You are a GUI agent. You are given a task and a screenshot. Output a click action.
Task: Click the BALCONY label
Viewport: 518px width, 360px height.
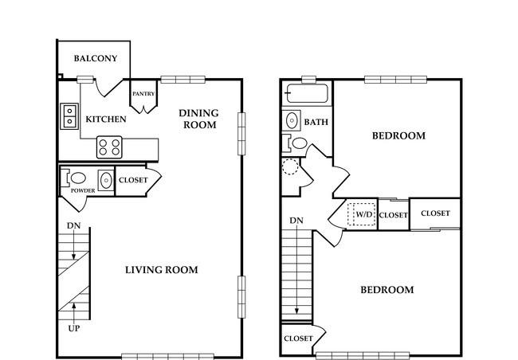coord(96,58)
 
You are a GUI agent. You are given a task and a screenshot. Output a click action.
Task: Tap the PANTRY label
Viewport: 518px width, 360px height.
coord(143,94)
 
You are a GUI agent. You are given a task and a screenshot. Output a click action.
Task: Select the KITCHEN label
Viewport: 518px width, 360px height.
coord(106,119)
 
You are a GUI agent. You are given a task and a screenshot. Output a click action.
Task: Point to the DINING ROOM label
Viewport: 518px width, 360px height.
coord(199,119)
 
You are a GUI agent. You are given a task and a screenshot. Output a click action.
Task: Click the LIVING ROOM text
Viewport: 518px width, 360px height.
coord(162,270)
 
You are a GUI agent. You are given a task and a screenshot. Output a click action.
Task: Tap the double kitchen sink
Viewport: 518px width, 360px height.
coord(69,116)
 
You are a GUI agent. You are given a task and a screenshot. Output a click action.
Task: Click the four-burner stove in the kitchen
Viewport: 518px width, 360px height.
coord(109,147)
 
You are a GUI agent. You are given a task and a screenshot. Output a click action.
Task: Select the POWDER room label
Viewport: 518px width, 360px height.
coord(83,190)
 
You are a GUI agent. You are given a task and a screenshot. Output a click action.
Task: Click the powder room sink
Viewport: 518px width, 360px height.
coord(106,180)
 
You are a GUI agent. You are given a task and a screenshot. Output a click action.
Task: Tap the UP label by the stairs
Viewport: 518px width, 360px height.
coord(73,328)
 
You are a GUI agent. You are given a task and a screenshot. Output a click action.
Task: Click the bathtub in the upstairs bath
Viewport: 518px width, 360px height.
coord(307,93)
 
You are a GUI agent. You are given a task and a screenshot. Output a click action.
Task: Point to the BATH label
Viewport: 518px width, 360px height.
coord(316,122)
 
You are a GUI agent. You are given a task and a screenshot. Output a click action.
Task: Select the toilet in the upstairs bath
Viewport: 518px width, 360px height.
coord(296,143)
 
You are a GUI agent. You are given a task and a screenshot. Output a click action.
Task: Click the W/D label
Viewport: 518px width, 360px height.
coord(364,214)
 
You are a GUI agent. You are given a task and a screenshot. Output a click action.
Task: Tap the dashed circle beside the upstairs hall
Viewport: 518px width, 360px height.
coord(290,166)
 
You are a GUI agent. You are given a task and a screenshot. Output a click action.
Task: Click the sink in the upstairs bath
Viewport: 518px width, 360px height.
coord(292,120)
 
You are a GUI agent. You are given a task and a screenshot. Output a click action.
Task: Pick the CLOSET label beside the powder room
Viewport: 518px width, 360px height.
coord(133,180)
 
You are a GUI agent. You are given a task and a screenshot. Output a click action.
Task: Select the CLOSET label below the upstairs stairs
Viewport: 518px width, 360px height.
coord(298,338)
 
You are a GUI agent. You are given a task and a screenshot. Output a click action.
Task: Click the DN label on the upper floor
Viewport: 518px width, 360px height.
coord(296,221)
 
